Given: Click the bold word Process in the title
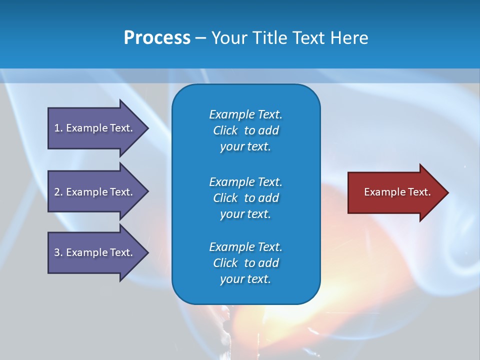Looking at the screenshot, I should point(157,38).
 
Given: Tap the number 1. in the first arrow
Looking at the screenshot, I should point(58,128).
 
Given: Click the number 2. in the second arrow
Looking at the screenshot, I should point(58,192).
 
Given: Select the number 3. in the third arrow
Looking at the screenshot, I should point(58,252).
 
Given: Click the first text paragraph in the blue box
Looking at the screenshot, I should point(245,130).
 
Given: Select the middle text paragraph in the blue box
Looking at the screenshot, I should point(245,198).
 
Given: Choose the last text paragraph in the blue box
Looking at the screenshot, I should point(245,263).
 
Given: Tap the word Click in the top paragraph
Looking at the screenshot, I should point(225,130).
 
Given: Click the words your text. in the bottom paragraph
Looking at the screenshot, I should point(245,279).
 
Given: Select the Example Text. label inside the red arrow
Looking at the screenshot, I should point(397,192).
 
